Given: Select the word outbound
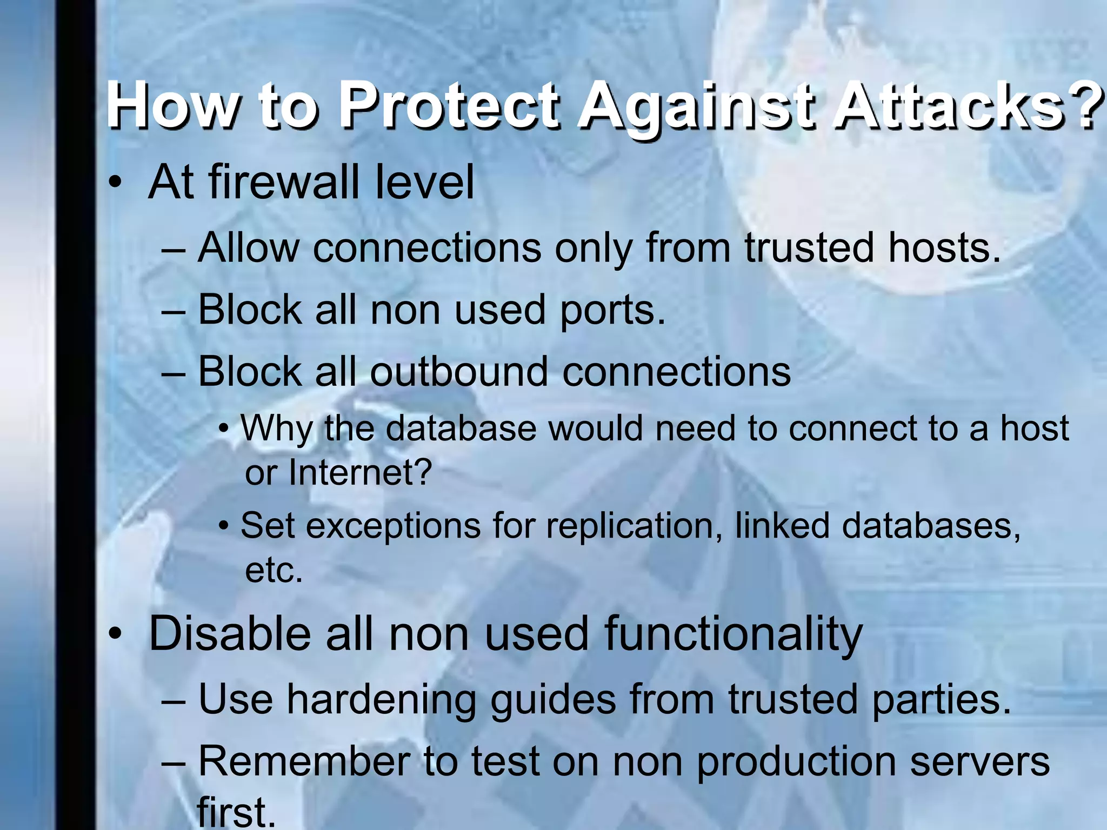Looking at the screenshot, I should (459, 372).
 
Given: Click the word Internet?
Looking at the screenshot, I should (360, 473).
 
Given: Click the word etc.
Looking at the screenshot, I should (274, 571).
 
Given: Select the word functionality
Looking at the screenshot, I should (733, 635).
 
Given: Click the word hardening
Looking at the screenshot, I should (381, 700).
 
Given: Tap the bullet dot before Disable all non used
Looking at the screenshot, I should (115, 635).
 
